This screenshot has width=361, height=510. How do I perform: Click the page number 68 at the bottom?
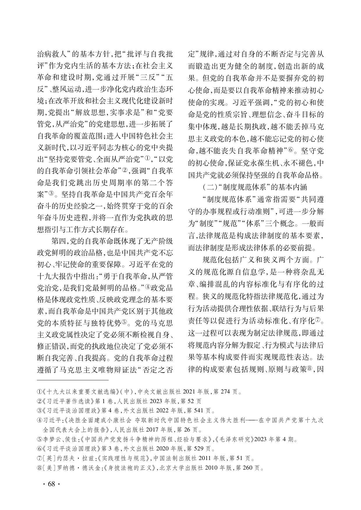tap(51, 484)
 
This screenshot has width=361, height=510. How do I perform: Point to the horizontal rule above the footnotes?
tap(73, 380)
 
